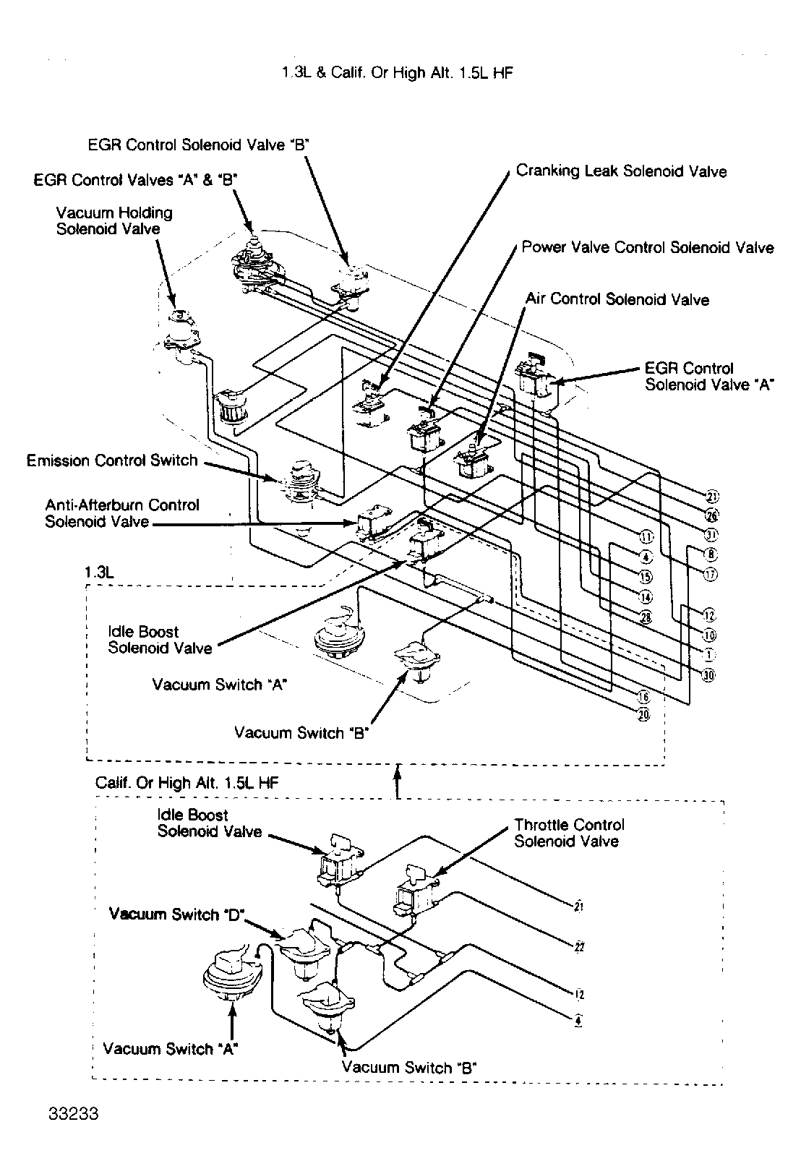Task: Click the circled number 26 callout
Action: (711, 515)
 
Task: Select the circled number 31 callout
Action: (711, 535)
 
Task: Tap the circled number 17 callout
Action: (711, 575)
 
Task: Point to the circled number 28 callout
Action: (646, 617)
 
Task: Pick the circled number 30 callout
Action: (709, 675)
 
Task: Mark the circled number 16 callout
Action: (644, 697)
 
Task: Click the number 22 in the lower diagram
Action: (578, 947)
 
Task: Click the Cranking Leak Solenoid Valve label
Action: (621, 171)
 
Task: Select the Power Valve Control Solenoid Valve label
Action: (648, 248)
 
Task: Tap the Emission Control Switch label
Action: (112, 460)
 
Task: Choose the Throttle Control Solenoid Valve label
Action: (569, 833)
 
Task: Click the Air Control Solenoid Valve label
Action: (617, 299)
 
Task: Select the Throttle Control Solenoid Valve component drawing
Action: (414, 891)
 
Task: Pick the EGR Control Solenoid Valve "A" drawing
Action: (537, 377)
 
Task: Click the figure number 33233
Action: (74, 1133)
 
